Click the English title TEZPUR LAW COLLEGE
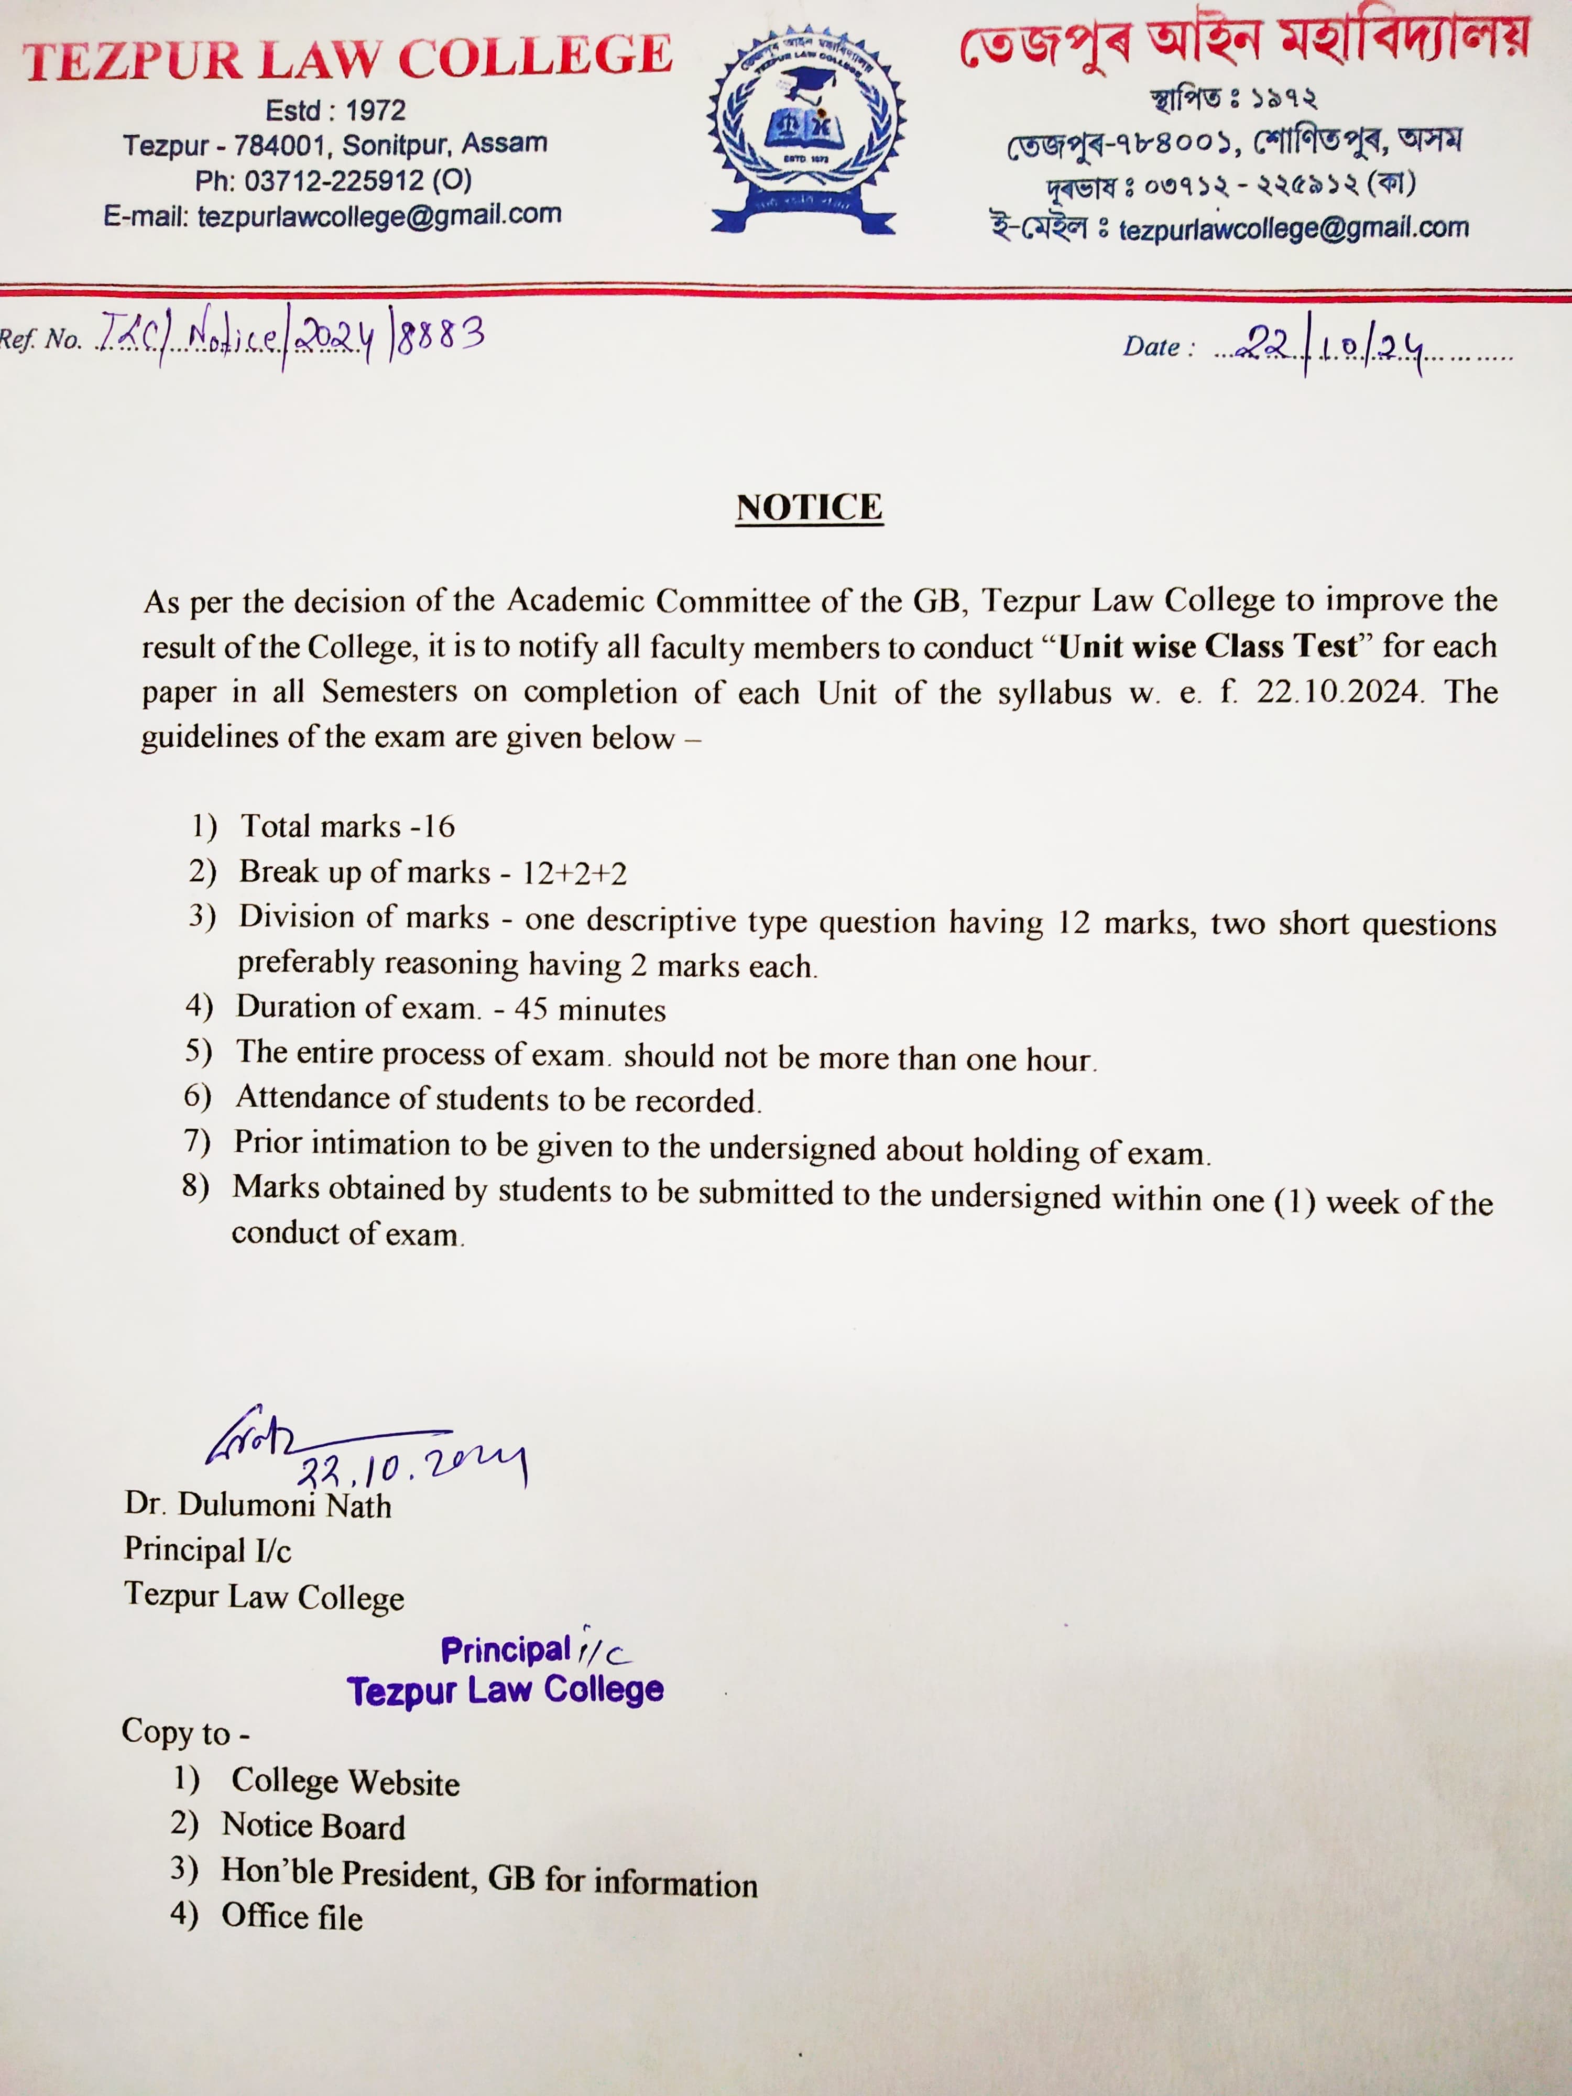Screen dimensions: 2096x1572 (348, 59)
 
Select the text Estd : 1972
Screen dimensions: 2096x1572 (335, 111)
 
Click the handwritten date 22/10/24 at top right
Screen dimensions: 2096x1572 (1336, 346)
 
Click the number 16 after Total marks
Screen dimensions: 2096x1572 (439, 826)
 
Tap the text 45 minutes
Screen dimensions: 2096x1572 (589, 1010)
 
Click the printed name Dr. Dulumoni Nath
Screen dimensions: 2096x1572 (258, 1505)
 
